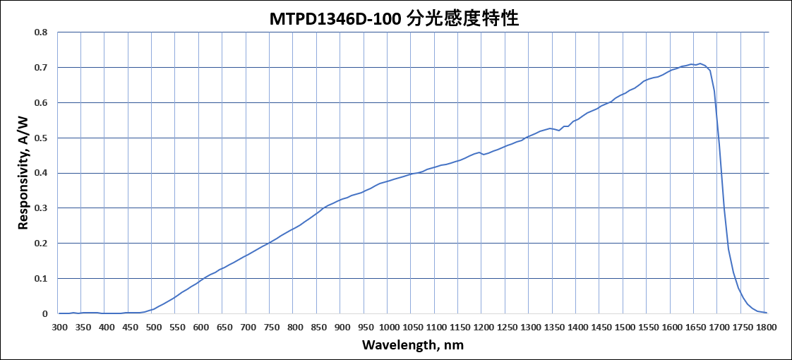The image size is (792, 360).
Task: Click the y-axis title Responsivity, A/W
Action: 23,172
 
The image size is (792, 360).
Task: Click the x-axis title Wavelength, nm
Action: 413,345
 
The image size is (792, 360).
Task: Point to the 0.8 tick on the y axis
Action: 42,32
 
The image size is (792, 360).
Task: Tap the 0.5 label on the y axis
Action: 42,138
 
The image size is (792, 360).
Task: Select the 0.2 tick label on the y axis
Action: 42,244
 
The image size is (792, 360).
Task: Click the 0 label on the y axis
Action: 45,313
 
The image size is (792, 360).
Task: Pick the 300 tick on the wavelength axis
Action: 59,328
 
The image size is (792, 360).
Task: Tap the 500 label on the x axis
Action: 154,328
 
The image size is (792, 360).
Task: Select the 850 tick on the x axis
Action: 318,328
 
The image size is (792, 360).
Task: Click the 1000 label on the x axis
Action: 389,328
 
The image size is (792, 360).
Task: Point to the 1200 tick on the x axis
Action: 484,328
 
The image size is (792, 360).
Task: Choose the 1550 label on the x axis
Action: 648,328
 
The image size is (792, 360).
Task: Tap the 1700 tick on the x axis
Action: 719,328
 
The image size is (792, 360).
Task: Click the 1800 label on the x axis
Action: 766,328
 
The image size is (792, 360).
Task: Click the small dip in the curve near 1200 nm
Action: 484,154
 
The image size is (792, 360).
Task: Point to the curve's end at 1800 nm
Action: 766,312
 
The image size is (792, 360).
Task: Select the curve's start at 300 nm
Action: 59,313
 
